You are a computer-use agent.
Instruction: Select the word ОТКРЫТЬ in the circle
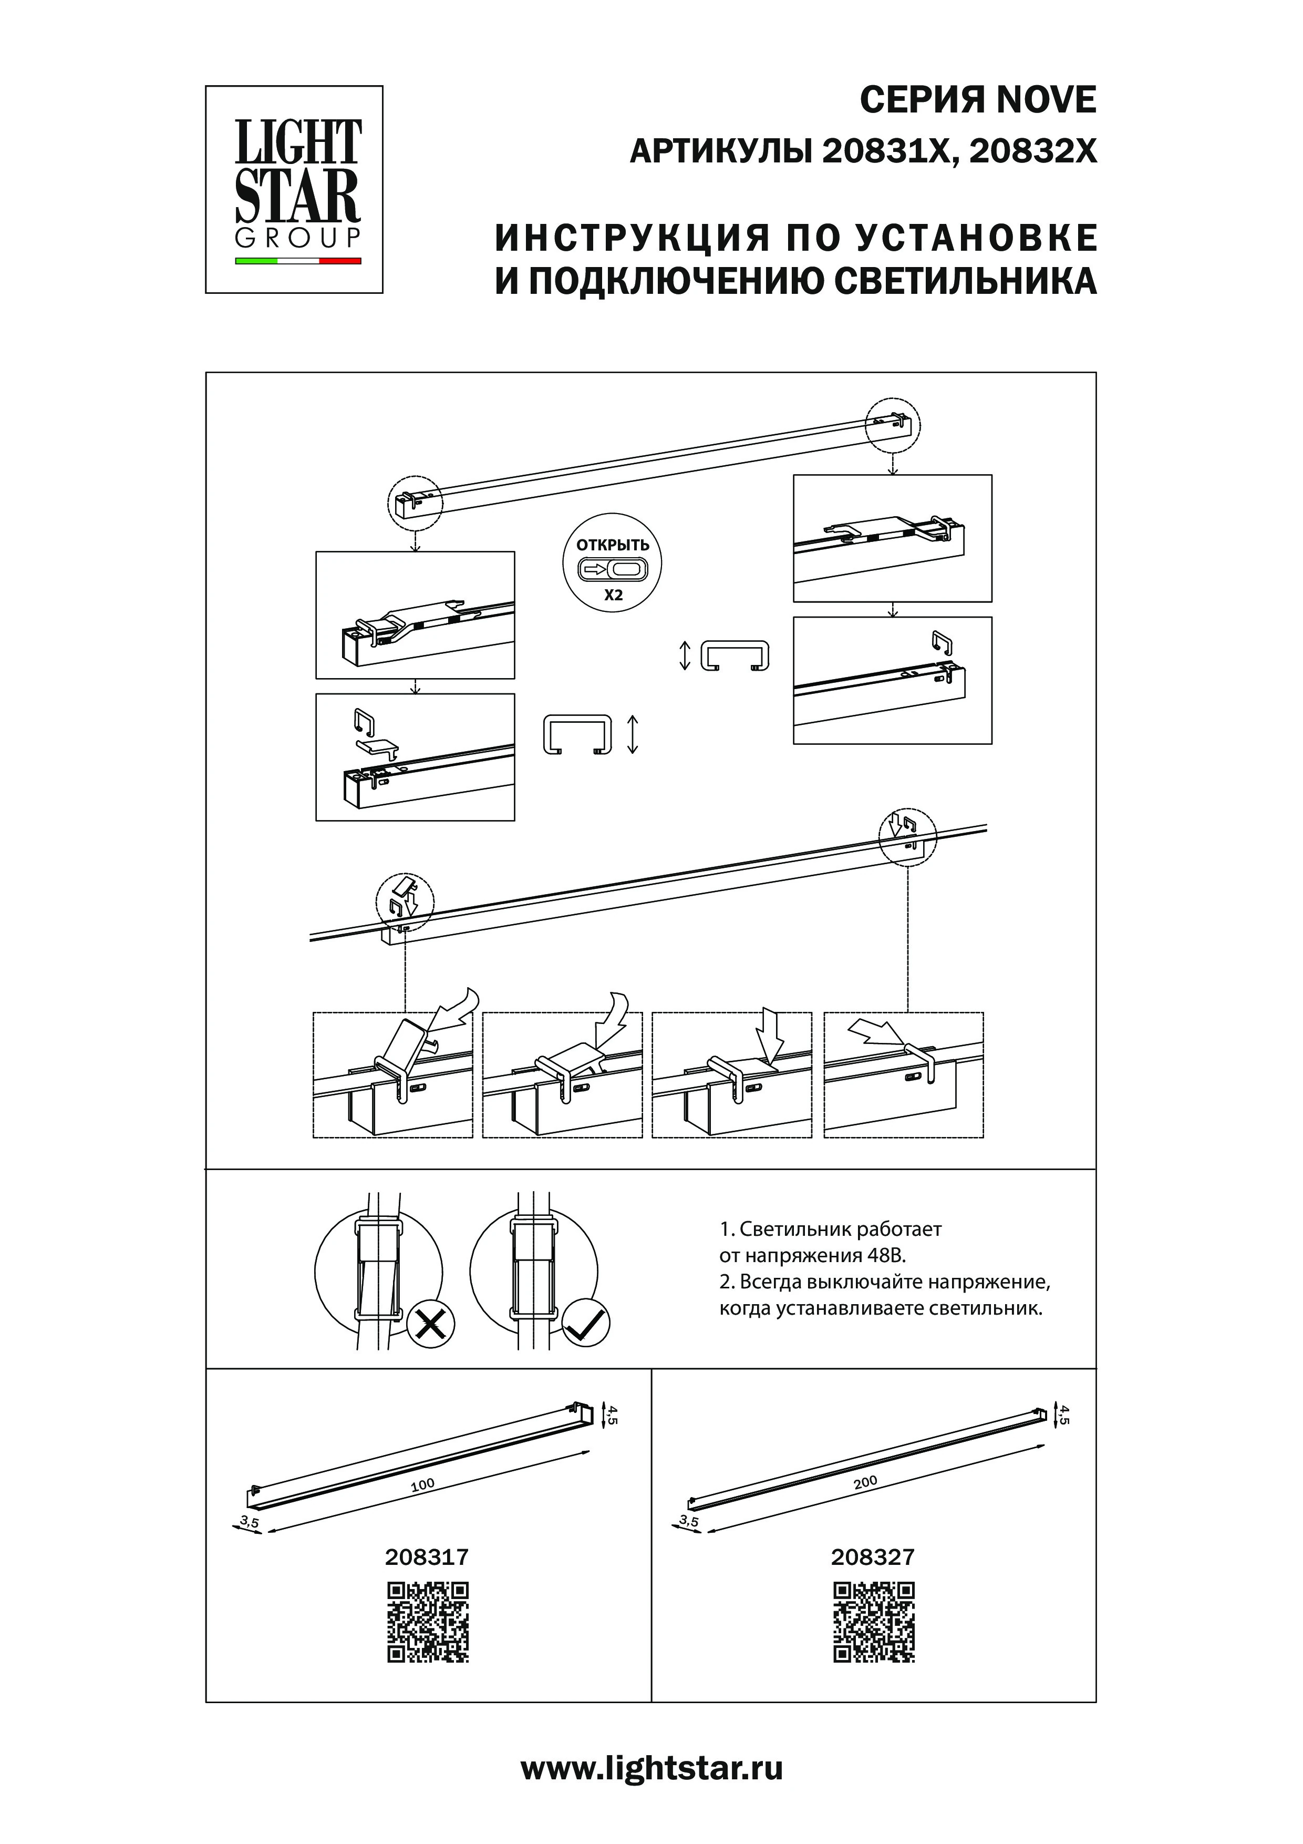[x=613, y=545]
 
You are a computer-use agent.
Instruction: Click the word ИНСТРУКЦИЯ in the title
[x=626, y=239]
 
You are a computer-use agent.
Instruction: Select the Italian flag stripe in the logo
[x=298, y=261]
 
